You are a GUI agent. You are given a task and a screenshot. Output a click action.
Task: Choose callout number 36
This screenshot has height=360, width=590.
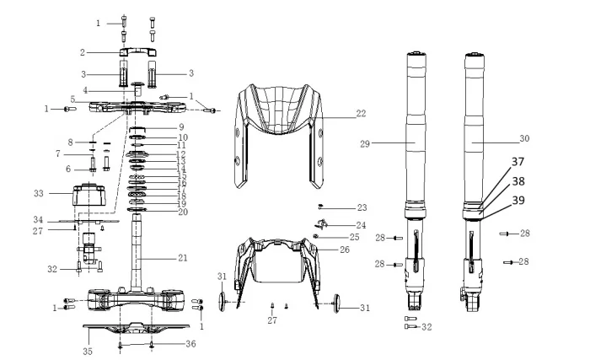click(x=191, y=343)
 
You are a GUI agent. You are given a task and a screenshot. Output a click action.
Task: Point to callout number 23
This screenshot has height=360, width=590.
click(x=362, y=207)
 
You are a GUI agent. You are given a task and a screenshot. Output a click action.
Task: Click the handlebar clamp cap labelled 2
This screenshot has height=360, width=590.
click(x=137, y=54)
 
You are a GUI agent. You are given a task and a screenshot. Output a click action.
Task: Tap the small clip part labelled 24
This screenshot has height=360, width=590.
click(x=324, y=223)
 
